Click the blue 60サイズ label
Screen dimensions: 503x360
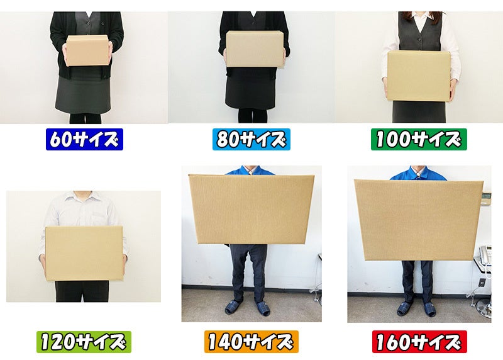[x=84, y=139]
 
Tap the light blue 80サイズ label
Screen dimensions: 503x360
[x=251, y=139]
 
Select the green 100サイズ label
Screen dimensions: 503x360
[x=419, y=139]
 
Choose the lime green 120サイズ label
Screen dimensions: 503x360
[x=84, y=342]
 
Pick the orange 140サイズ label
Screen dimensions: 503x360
[x=251, y=342]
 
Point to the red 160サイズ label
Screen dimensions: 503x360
[x=419, y=342]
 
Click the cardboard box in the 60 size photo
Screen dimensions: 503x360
[x=87, y=50]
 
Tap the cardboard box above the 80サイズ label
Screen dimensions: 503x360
[x=255, y=49]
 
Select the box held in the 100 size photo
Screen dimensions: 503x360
[x=418, y=76]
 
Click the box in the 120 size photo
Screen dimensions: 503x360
[x=84, y=254]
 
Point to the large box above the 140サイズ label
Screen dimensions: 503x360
[x=251, y=209]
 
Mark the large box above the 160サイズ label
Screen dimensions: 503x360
[x=419, y=220]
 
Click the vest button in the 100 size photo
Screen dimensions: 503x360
[x=419, y=39]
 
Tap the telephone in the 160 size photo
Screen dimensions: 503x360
[x=485, y=254]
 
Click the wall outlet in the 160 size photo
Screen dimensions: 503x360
[x=481, y=283]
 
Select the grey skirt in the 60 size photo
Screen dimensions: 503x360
[x=83, y=96]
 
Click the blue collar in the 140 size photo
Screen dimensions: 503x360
[x=250, y=170]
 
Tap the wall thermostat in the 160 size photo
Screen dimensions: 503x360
[x=487, y=196]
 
